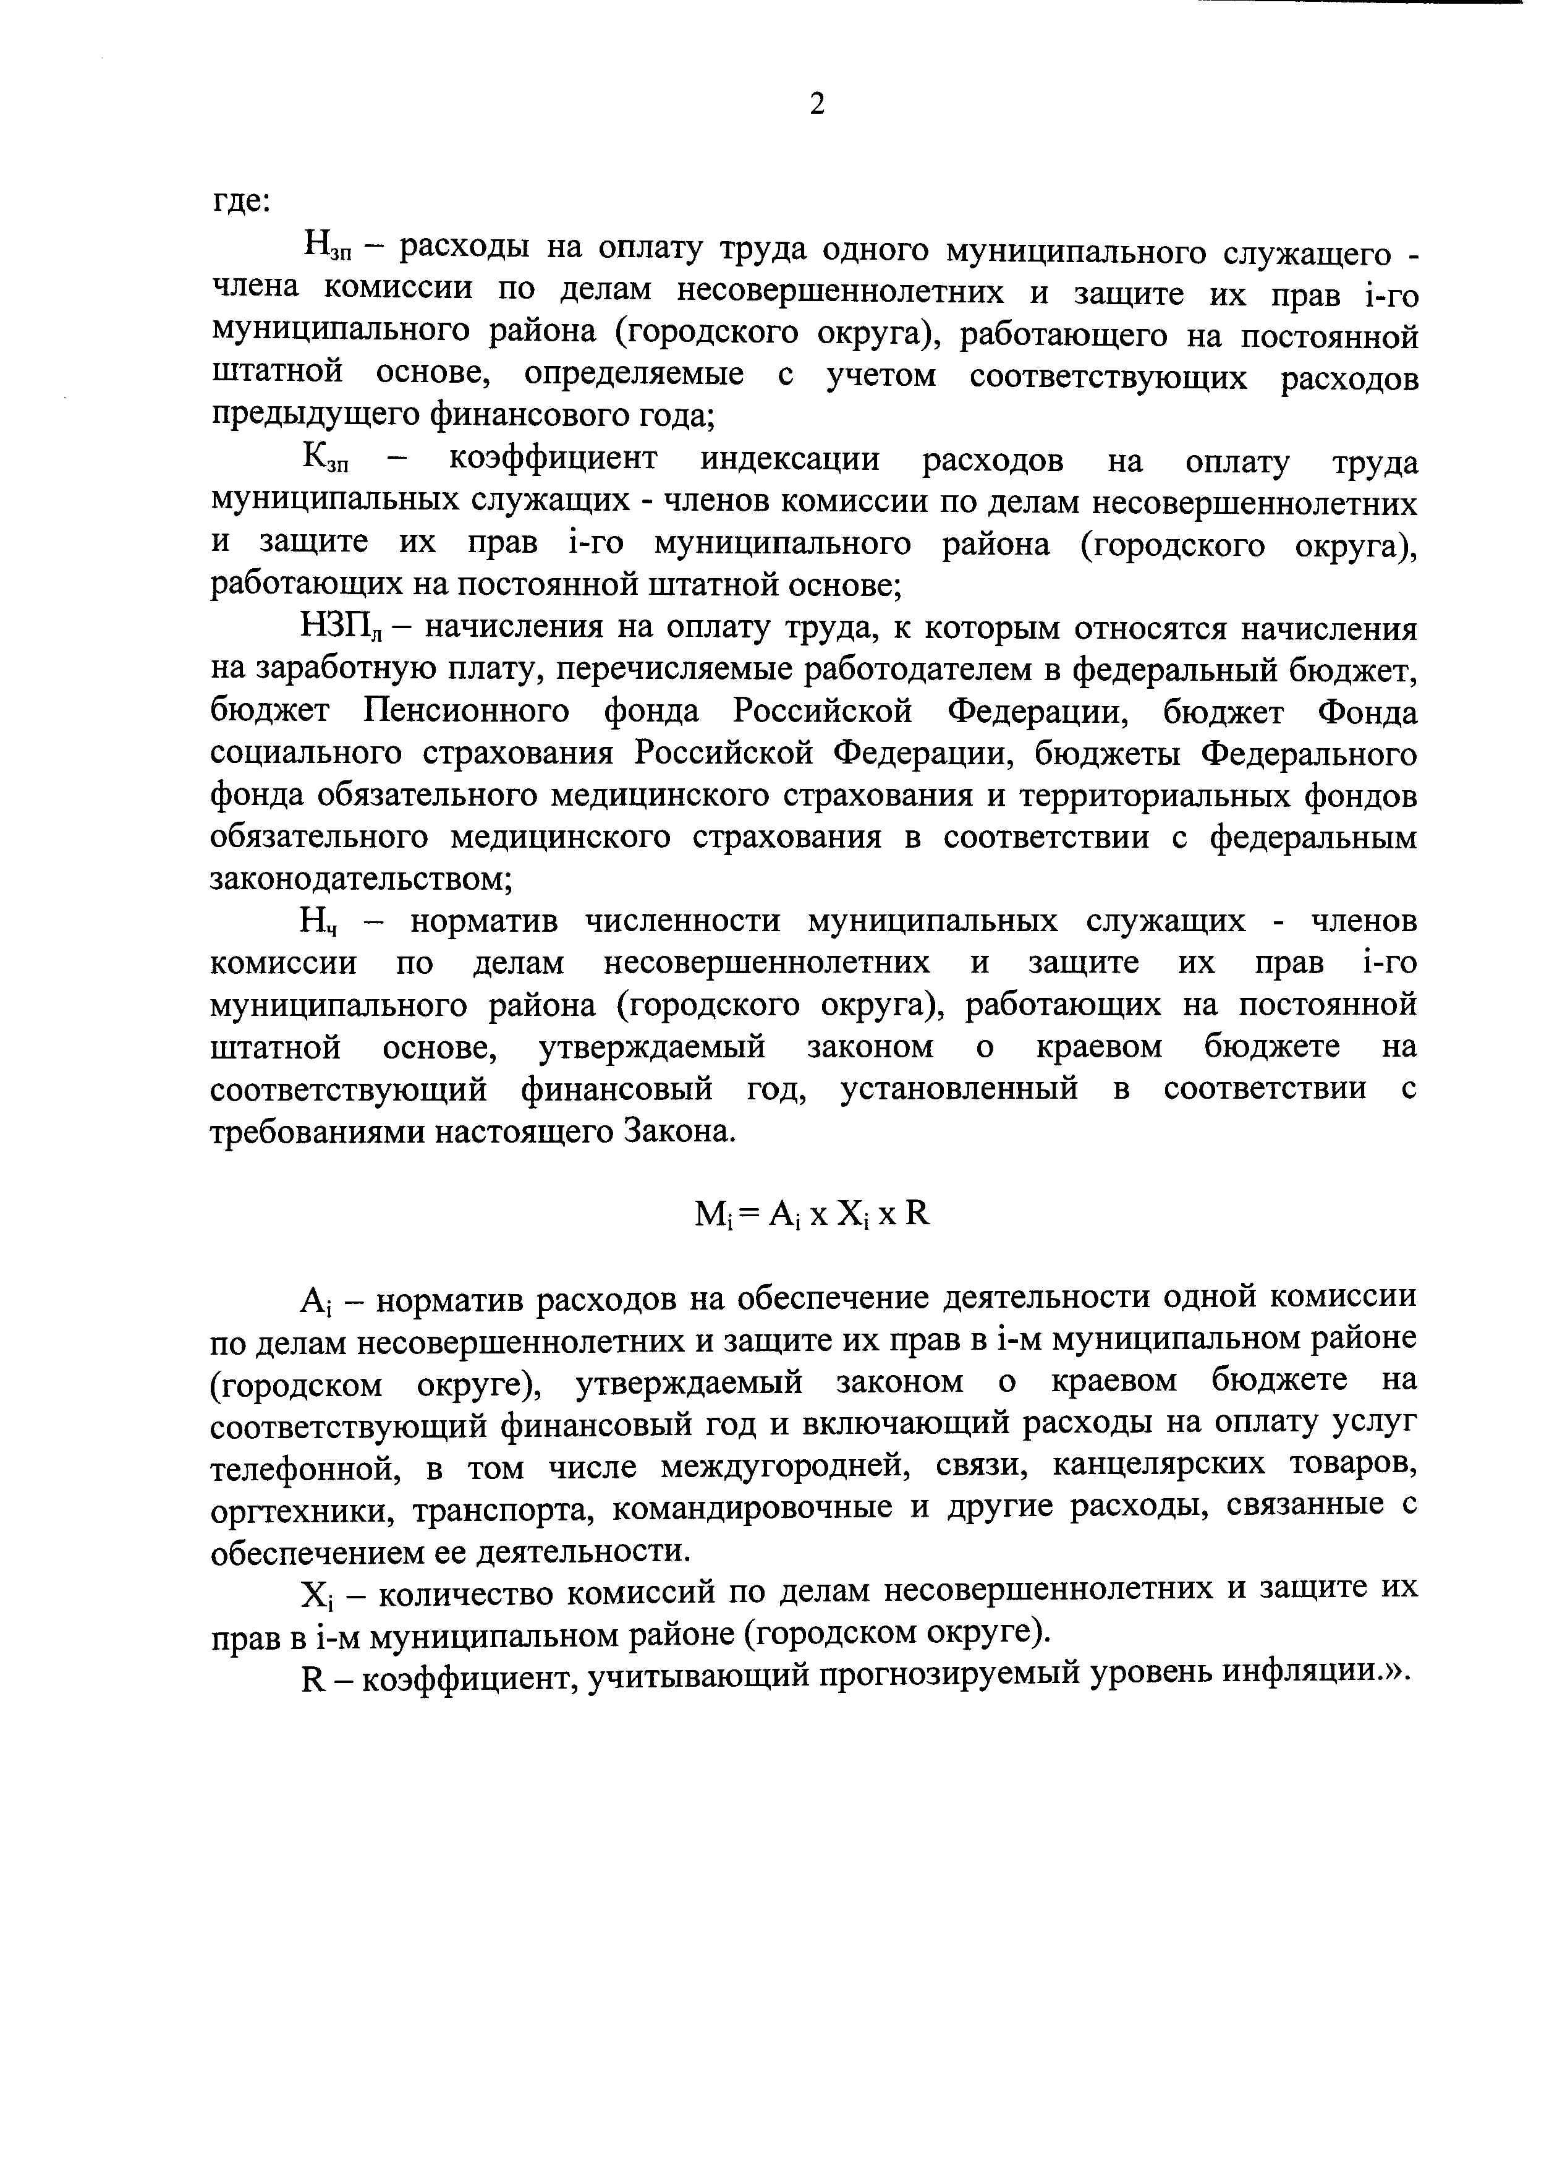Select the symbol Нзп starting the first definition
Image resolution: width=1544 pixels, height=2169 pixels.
coord(328,250)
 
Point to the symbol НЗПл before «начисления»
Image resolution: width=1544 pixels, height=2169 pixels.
coord(341,629)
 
